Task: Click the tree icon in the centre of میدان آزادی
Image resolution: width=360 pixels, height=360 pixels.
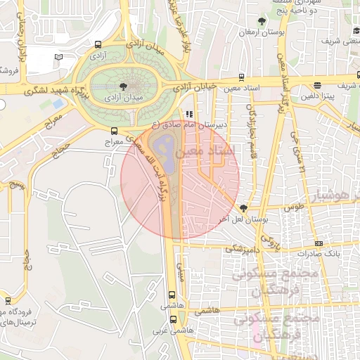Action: (124, 84)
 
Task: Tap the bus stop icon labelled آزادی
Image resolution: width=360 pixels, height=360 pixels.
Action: (97, 46)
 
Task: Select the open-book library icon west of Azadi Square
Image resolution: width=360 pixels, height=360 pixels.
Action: (58, 56)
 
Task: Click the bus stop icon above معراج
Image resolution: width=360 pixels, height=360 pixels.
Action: (115, 130)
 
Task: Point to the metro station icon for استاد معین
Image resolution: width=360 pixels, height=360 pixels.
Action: (242, 77)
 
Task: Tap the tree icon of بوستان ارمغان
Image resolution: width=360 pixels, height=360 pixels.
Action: (262, 21)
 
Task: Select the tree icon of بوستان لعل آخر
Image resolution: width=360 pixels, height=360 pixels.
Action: (243, 208)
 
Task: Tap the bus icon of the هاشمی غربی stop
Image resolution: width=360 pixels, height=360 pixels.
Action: (173, 318)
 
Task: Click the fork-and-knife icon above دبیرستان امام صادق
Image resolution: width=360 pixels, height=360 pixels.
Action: (188, 113)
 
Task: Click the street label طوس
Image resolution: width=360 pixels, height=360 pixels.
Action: (293, 207)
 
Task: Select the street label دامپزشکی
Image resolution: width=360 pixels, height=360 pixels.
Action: (243, 248)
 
